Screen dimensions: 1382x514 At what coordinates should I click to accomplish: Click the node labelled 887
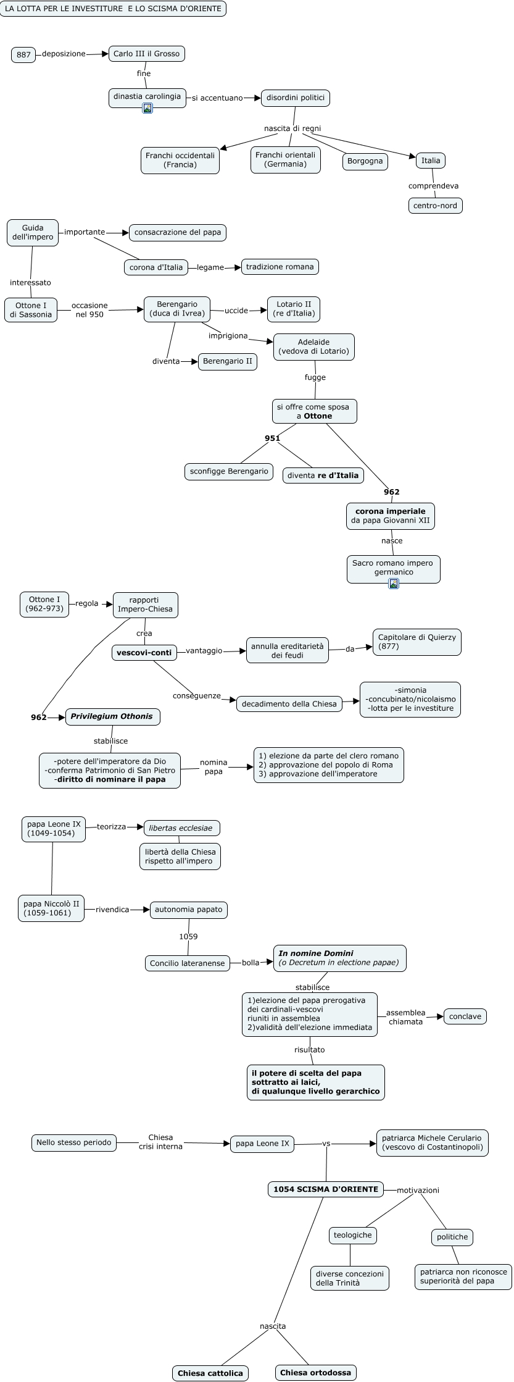23,55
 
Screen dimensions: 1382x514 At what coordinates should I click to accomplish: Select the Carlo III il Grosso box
146,54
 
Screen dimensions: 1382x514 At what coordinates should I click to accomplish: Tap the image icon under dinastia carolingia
147,108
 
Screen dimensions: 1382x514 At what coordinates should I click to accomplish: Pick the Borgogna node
365,161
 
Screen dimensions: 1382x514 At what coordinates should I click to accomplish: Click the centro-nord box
435,206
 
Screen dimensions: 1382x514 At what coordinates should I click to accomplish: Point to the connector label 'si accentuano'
217,98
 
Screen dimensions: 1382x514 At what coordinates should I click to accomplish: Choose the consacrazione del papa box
178,232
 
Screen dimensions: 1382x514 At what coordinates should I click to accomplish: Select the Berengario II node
227,361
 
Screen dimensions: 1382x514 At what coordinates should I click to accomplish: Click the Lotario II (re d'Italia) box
294,309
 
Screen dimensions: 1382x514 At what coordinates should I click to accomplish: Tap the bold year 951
272,438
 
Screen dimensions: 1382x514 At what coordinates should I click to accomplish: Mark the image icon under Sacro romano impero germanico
394,583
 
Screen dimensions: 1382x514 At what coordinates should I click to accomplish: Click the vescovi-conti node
144,652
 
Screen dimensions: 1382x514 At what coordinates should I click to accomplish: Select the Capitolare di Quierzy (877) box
417,642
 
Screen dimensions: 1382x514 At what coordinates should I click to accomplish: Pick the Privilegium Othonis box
112,716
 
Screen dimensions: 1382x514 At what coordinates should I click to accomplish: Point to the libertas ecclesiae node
181,828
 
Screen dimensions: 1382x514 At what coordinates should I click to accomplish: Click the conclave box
465,1016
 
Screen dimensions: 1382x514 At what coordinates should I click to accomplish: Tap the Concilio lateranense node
187,963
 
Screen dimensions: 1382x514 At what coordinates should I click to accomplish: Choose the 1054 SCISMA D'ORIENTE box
326,1189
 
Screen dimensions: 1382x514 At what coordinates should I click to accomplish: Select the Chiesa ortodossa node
315,1373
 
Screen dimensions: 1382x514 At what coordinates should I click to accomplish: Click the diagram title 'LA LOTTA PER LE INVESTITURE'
113,9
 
